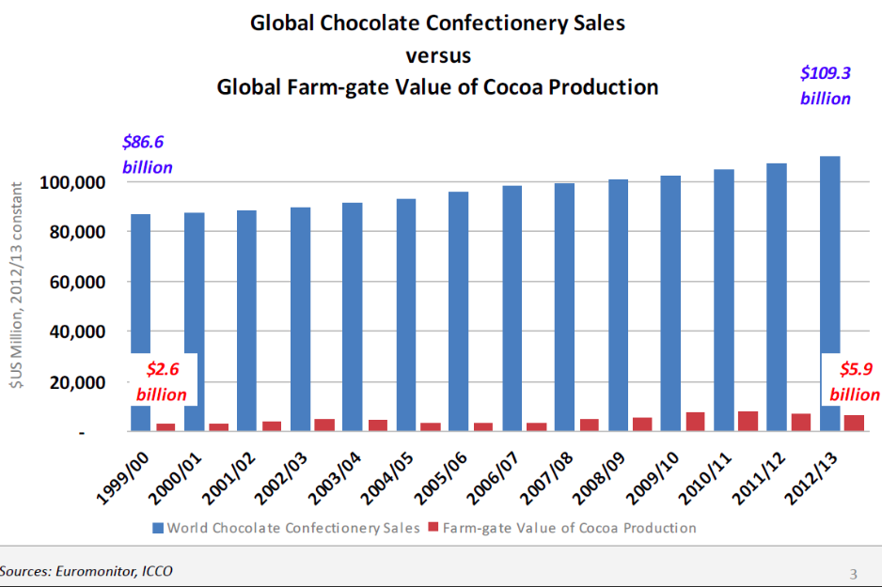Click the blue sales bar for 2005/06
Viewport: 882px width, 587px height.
coord(458,311)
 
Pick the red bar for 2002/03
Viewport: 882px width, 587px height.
coord(323,425)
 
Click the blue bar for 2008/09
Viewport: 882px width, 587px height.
coord(618,305)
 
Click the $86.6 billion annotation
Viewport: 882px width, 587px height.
coord(147,155)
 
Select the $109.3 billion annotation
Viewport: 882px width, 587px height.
coord(825,85)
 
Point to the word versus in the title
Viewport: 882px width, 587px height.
coord(437,54)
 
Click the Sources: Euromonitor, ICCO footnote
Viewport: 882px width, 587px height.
coord(87,571)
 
